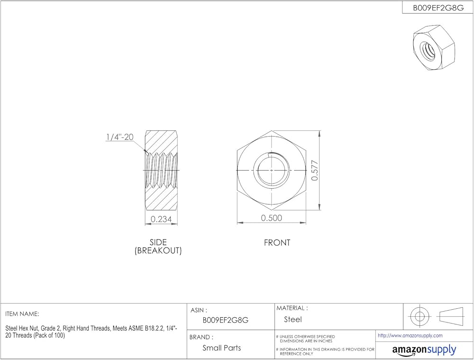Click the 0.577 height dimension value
point(314,171)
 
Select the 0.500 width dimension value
point(272,218)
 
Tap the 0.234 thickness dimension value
point(161,219)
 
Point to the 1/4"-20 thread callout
point(120,137)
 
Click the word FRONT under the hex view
point(277,243)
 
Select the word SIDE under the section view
point(158,242)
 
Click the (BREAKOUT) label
point(158,250)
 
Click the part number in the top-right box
point(438,8)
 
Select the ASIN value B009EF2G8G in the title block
point(226,320)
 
